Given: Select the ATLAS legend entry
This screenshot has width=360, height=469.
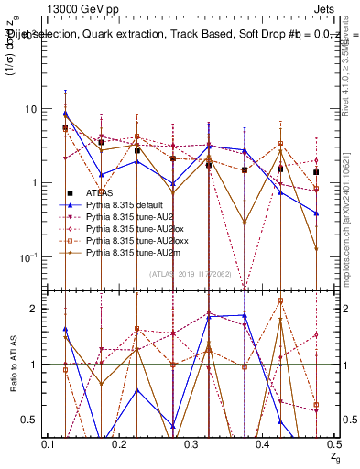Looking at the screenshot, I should [102, 192].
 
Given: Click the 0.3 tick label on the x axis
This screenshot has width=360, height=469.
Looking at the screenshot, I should [191, 443].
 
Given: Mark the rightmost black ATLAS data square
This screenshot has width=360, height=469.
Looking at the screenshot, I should [316, 172].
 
